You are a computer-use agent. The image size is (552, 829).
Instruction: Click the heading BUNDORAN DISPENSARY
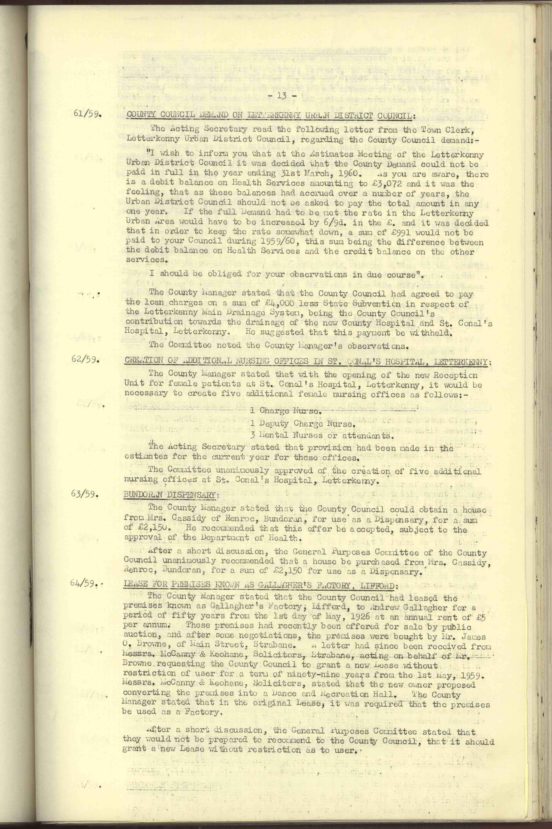point(169,495)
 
